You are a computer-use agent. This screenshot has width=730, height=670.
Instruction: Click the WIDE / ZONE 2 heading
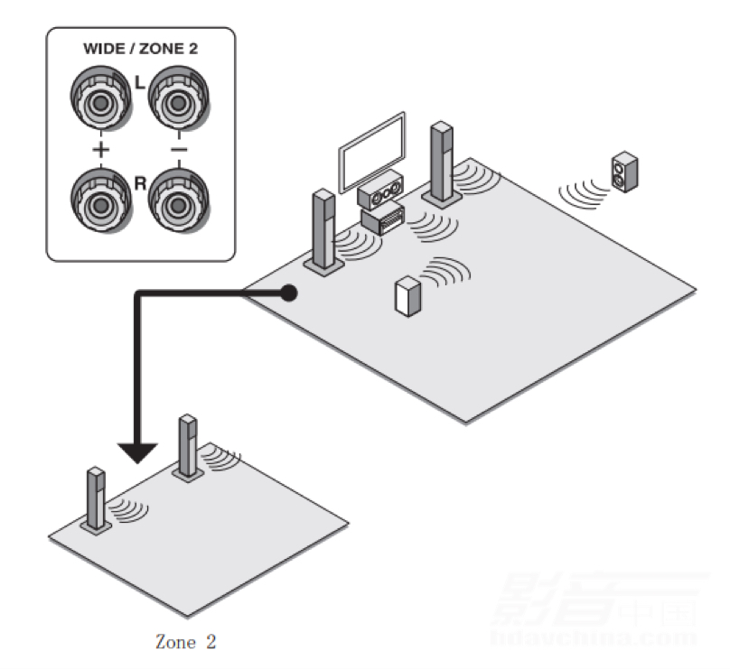[140, 51]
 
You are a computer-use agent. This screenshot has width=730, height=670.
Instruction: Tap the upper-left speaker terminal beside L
[98, 101]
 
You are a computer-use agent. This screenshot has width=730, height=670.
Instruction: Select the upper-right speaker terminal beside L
[179, 101]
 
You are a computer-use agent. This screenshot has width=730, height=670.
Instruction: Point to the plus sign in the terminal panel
[98, 148]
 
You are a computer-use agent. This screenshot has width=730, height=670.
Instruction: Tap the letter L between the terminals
[139, 82]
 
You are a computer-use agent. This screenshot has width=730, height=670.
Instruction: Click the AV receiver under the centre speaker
[382, 219]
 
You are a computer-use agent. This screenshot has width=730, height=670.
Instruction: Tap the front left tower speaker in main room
[323, 229]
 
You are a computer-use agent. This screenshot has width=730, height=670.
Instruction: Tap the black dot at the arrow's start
[288, 293]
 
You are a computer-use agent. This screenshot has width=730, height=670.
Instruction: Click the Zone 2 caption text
[186, 642]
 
